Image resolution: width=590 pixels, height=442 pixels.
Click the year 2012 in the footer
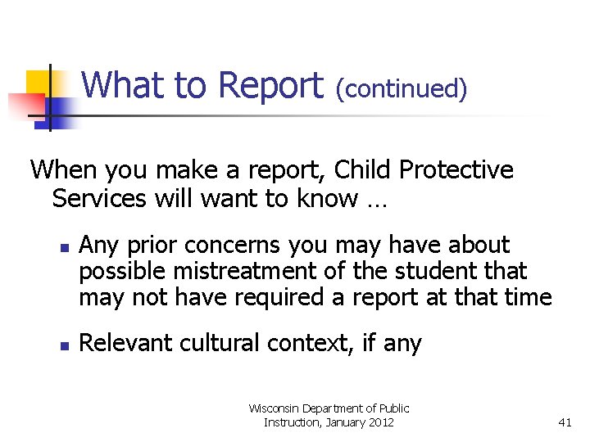(379, 422)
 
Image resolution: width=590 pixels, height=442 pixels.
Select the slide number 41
(564, 422)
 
